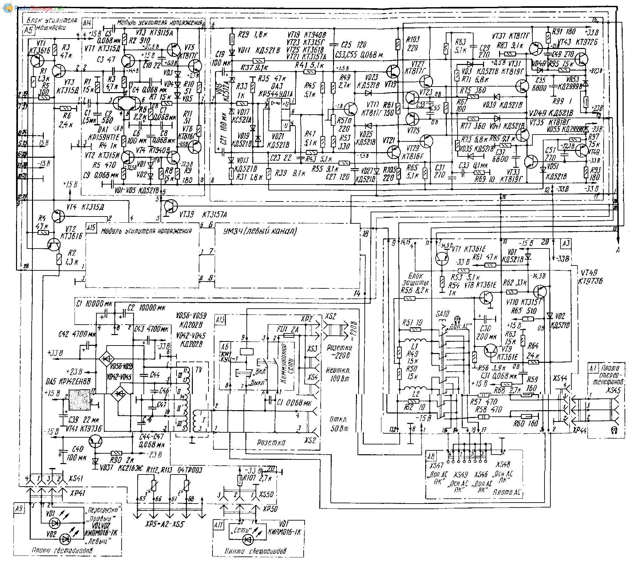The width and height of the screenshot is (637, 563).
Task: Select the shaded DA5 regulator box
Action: click(79, 400)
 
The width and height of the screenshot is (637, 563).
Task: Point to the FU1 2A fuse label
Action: click(288, 330)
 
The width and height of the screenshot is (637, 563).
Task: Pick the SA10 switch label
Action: click(442, 314)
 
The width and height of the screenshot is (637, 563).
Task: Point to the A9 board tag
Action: click(19, 508)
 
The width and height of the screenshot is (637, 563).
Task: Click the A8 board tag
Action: click(431, 455)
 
